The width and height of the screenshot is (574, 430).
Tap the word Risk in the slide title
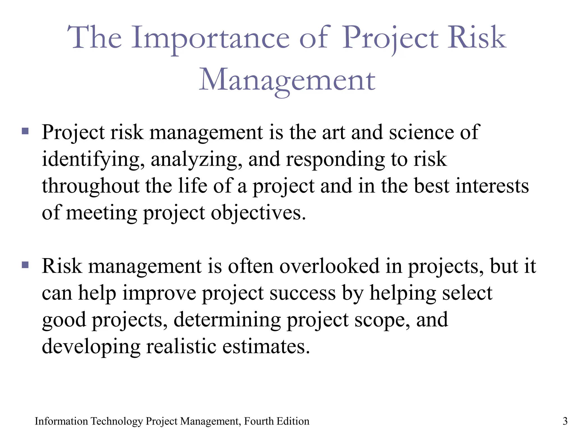tap(477, 38)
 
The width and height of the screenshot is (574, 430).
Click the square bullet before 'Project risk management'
tap(25, 131)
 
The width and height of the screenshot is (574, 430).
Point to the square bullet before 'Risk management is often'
tap(25, 265)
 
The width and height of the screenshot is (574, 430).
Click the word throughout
tap(91, 186)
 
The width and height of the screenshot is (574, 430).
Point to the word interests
tap(492, 186)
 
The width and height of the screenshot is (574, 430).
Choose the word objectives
tap(258, 213)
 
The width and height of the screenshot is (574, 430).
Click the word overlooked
tap(329, 266)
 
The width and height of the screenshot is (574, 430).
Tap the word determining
tap(227, 319)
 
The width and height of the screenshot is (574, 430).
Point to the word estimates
tap(266, 346)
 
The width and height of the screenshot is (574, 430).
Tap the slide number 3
tap(565, 421)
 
